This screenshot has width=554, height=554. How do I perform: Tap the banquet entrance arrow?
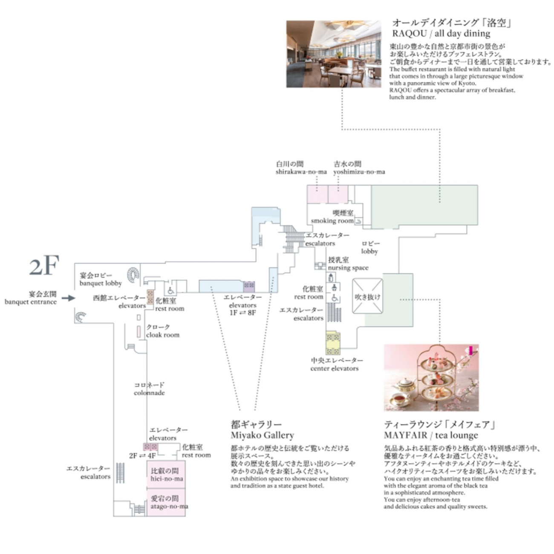(68, 298)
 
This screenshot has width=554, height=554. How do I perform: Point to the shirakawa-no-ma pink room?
(317, 194)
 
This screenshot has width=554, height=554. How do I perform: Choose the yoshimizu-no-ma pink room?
(338, 194)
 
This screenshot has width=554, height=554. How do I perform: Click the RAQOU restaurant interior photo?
(333, 54)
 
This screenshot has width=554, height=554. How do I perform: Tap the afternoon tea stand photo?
(431, 378)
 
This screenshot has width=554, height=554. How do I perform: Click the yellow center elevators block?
(333, 343)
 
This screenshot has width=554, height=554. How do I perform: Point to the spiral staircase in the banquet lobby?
(133, 274)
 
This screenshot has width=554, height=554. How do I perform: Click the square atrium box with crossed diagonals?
(367, 296)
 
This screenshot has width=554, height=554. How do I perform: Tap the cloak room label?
(162, 331)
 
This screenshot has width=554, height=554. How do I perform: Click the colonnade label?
(149, 389)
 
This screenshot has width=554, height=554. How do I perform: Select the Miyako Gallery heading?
(262, 430)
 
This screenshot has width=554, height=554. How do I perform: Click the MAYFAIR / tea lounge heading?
(439, 430)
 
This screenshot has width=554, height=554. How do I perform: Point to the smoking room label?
(332, 217)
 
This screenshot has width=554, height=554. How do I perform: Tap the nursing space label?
(348, 264)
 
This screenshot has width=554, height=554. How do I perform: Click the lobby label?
(370, 248)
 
